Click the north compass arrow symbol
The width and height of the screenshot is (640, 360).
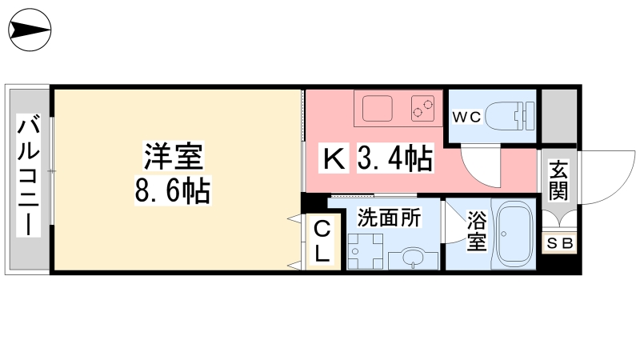[x=30, y=30]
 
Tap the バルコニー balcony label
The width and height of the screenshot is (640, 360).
[x=28, y=175]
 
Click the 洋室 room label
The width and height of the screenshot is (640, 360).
[x=174, y=155]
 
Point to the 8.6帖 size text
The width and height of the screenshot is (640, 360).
[x=173, y=190]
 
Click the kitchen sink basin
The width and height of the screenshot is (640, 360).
[x=377, y=109]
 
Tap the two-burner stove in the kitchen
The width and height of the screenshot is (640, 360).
[x=422, y=109]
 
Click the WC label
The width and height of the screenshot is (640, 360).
[x=467, y=117]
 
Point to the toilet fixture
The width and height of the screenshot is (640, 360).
[x=510, y=116]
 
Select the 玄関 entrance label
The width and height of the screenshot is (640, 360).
[x=558, y=179]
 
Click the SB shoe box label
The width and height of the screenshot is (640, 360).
[x=559, y=243]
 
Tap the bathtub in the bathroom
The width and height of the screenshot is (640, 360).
[x=513, y=234]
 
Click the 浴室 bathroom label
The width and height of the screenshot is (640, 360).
[x=477, y=230]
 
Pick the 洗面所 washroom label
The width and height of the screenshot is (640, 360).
[x=389, y=218]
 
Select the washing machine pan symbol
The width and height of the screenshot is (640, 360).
[x=365, y=251]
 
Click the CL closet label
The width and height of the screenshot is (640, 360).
[x=322, y=242]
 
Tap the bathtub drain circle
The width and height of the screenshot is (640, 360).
[x=504, y=234]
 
